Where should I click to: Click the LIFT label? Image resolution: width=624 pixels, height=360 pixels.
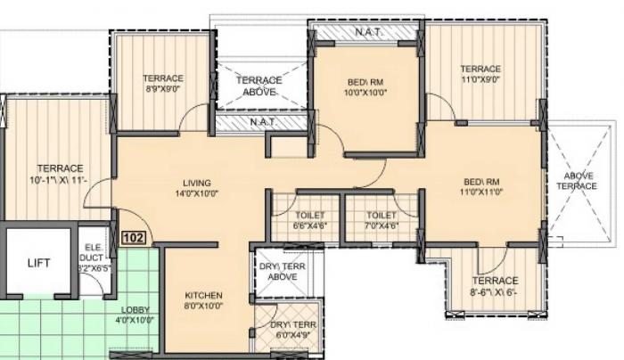pyautogui.click(x=37, y=263)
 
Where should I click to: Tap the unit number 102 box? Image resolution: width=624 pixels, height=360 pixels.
pyautogui.click(x=134, y=238)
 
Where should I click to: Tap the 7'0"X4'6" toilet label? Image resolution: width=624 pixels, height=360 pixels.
pyautogui.click(x=381, y=220)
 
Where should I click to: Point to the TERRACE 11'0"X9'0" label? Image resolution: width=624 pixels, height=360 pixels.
pyautogui.click(x=480, y=74)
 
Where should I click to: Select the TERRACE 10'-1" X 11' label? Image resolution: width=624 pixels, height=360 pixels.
pyautogui.click(x=60, y=174)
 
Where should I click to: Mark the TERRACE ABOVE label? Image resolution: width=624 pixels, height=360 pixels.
pyautogui.click(x=259, y=86)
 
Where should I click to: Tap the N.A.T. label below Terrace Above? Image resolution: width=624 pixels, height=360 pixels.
pyautogui.click(x=261, y=121)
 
